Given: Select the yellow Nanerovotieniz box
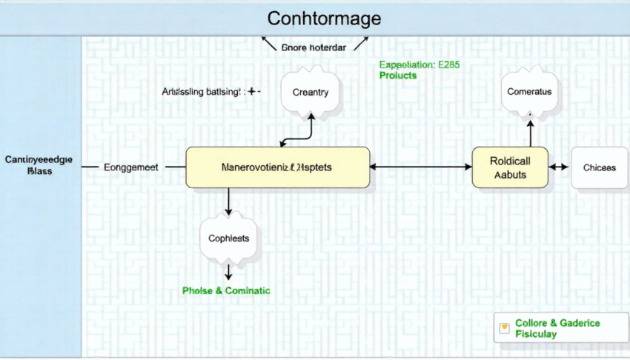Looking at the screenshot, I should [277, 167].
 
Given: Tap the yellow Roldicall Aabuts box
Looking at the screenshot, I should [509, 167].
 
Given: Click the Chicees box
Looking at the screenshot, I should [599, 167].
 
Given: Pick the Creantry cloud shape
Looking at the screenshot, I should [310, 93].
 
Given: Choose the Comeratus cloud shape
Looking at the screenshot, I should [529, 93].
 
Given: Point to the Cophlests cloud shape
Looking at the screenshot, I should [228, 239].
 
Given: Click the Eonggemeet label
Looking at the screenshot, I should [131, 168].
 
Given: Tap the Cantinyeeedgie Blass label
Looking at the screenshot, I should [39, 164].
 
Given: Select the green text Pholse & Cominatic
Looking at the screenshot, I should [226, 290].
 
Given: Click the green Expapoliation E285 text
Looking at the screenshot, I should [419, 65].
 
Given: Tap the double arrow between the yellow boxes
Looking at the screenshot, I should [420, 167].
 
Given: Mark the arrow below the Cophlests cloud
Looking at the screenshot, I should [228, 271].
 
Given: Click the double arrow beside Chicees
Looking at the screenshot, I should [560, 167].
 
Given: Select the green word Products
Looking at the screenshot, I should [398, 76].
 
